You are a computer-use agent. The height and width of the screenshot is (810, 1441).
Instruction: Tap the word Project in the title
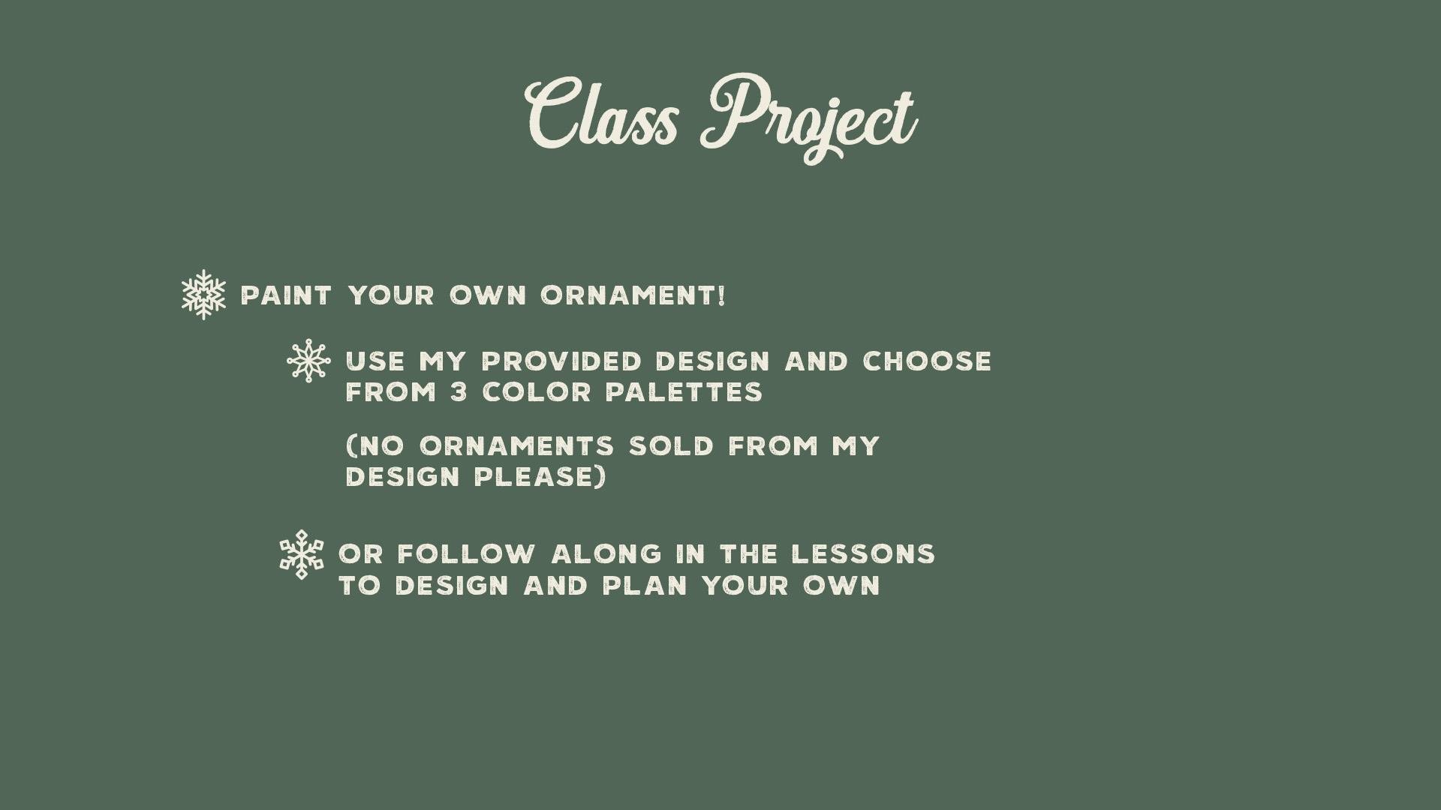[809, 118]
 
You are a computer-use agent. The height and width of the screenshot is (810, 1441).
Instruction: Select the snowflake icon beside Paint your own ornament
[203, 295]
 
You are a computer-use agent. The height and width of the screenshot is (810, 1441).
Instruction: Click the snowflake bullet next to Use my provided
[308, 361]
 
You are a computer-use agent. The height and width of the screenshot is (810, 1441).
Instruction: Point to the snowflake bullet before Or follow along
[302, 554]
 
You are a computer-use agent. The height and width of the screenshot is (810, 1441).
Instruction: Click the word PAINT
[286, 295]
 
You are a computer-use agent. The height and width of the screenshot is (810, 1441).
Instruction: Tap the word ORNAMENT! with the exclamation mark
[633, 295]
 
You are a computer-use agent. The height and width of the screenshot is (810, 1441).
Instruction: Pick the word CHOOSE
[928, 361]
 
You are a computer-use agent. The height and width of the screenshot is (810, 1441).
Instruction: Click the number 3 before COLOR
[459, 392]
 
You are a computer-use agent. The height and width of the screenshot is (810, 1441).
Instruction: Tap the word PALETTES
[684, 392]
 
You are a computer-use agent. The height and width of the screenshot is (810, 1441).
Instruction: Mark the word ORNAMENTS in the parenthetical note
[517, 446]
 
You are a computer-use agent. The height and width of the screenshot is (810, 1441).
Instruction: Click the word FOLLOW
[467, 554]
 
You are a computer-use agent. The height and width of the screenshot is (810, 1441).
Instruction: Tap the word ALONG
[607, 554]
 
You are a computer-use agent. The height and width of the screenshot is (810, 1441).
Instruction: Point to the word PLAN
[645, 586]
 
